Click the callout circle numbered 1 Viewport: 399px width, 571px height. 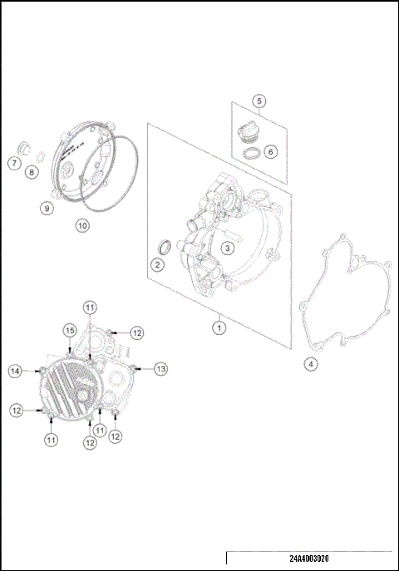pyautogui.click(x=219, y=327)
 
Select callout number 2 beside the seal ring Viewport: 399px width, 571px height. pyautogui.click(x=156, y=265)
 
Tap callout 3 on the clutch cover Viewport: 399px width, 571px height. pyautogui.click(x=227, y=248)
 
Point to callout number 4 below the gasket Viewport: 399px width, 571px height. pyautogui.click(x=310, y=364)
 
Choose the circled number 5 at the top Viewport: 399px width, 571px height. pyautogui.click(x=259, y=101)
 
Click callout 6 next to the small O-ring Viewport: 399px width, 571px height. pyautogui.click(x=270, y=152)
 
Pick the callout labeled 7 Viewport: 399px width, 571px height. pyautogui.click(x=14, y=163)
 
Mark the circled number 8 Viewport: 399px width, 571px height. pyautogui.click(x=31, y=172)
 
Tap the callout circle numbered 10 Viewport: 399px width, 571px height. pyautogui.click(x=81, y=225)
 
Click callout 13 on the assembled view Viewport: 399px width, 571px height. pyautogui.click(x=161, y=367)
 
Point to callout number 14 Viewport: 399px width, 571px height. pyautogui.click(x=14, y=370)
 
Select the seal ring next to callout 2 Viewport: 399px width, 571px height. pyautogui.click(x=164, y=247)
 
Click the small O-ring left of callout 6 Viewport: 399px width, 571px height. pyautogui.click(x=249, y=153)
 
